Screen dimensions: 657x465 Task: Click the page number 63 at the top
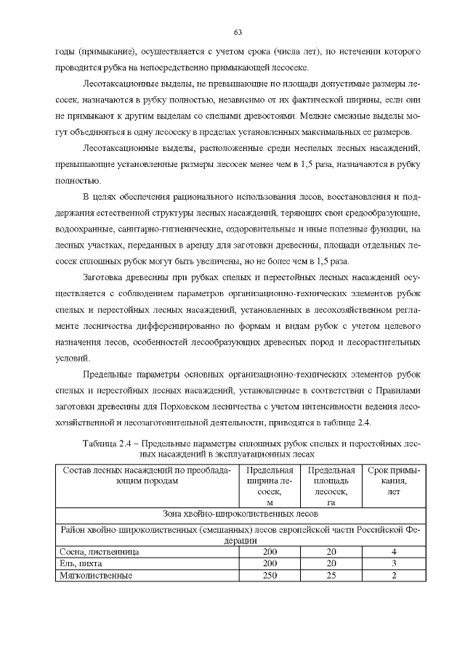coord(238,33)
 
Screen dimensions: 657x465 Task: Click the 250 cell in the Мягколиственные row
coord(270,575)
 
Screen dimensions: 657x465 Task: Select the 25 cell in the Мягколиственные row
coord(331,575)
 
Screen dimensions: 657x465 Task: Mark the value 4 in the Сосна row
coord(394,552)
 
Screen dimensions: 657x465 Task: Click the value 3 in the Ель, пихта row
coord(394,563)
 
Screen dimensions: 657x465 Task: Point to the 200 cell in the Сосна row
coord(270,552)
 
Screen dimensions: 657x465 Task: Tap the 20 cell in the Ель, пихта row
coord(331,563)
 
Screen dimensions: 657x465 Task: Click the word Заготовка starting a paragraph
coord(108,277)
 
